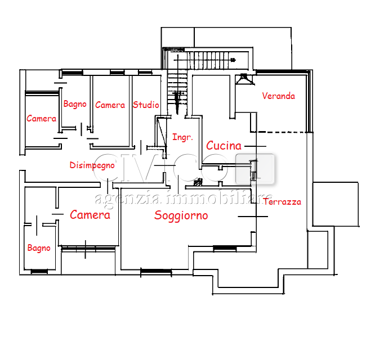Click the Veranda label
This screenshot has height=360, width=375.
pyautogui.click(x=278, y=96)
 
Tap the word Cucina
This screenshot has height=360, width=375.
pyautogui.click(x=224, y=146)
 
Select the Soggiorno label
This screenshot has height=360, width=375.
pyautogui.click(x=181, y=216)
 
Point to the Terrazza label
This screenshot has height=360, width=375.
pyautogui.click(x=282, y=202)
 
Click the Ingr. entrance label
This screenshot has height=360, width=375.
pyautogui.click(x=182, y=137)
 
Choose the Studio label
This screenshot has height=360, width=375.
pyautogui.click(x=146, y=105)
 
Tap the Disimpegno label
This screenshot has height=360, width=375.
pyautogui.click(x=92, y=165)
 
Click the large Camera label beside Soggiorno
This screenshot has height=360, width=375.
pyautogui.click(x=90, y=214)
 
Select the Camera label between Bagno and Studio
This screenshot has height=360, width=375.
pyautogui.click(x=110, y=105)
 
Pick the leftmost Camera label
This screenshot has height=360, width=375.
pyautogui.click(x=41, y=119)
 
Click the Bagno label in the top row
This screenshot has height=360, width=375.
pyautogui.click(x=75, y=104)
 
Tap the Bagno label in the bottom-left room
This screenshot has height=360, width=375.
pyautogui.click(x=39, y=248)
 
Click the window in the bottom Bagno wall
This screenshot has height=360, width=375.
pyautogui.click(x=39, y=271)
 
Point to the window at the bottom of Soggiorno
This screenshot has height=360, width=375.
pyautogui.click(x=156, y=271)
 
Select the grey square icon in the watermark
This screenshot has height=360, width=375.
pyautogui.click(x=255, y=169)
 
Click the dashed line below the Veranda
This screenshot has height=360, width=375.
pyautogui.click(x=282, y=132)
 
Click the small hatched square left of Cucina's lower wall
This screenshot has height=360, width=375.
pyautogui.click(x=198, y=183)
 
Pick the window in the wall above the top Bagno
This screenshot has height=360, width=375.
pyautogui.click(x=73, y=73)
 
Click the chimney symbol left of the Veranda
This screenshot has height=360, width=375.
pyautogui.click(x=244, y=79)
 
